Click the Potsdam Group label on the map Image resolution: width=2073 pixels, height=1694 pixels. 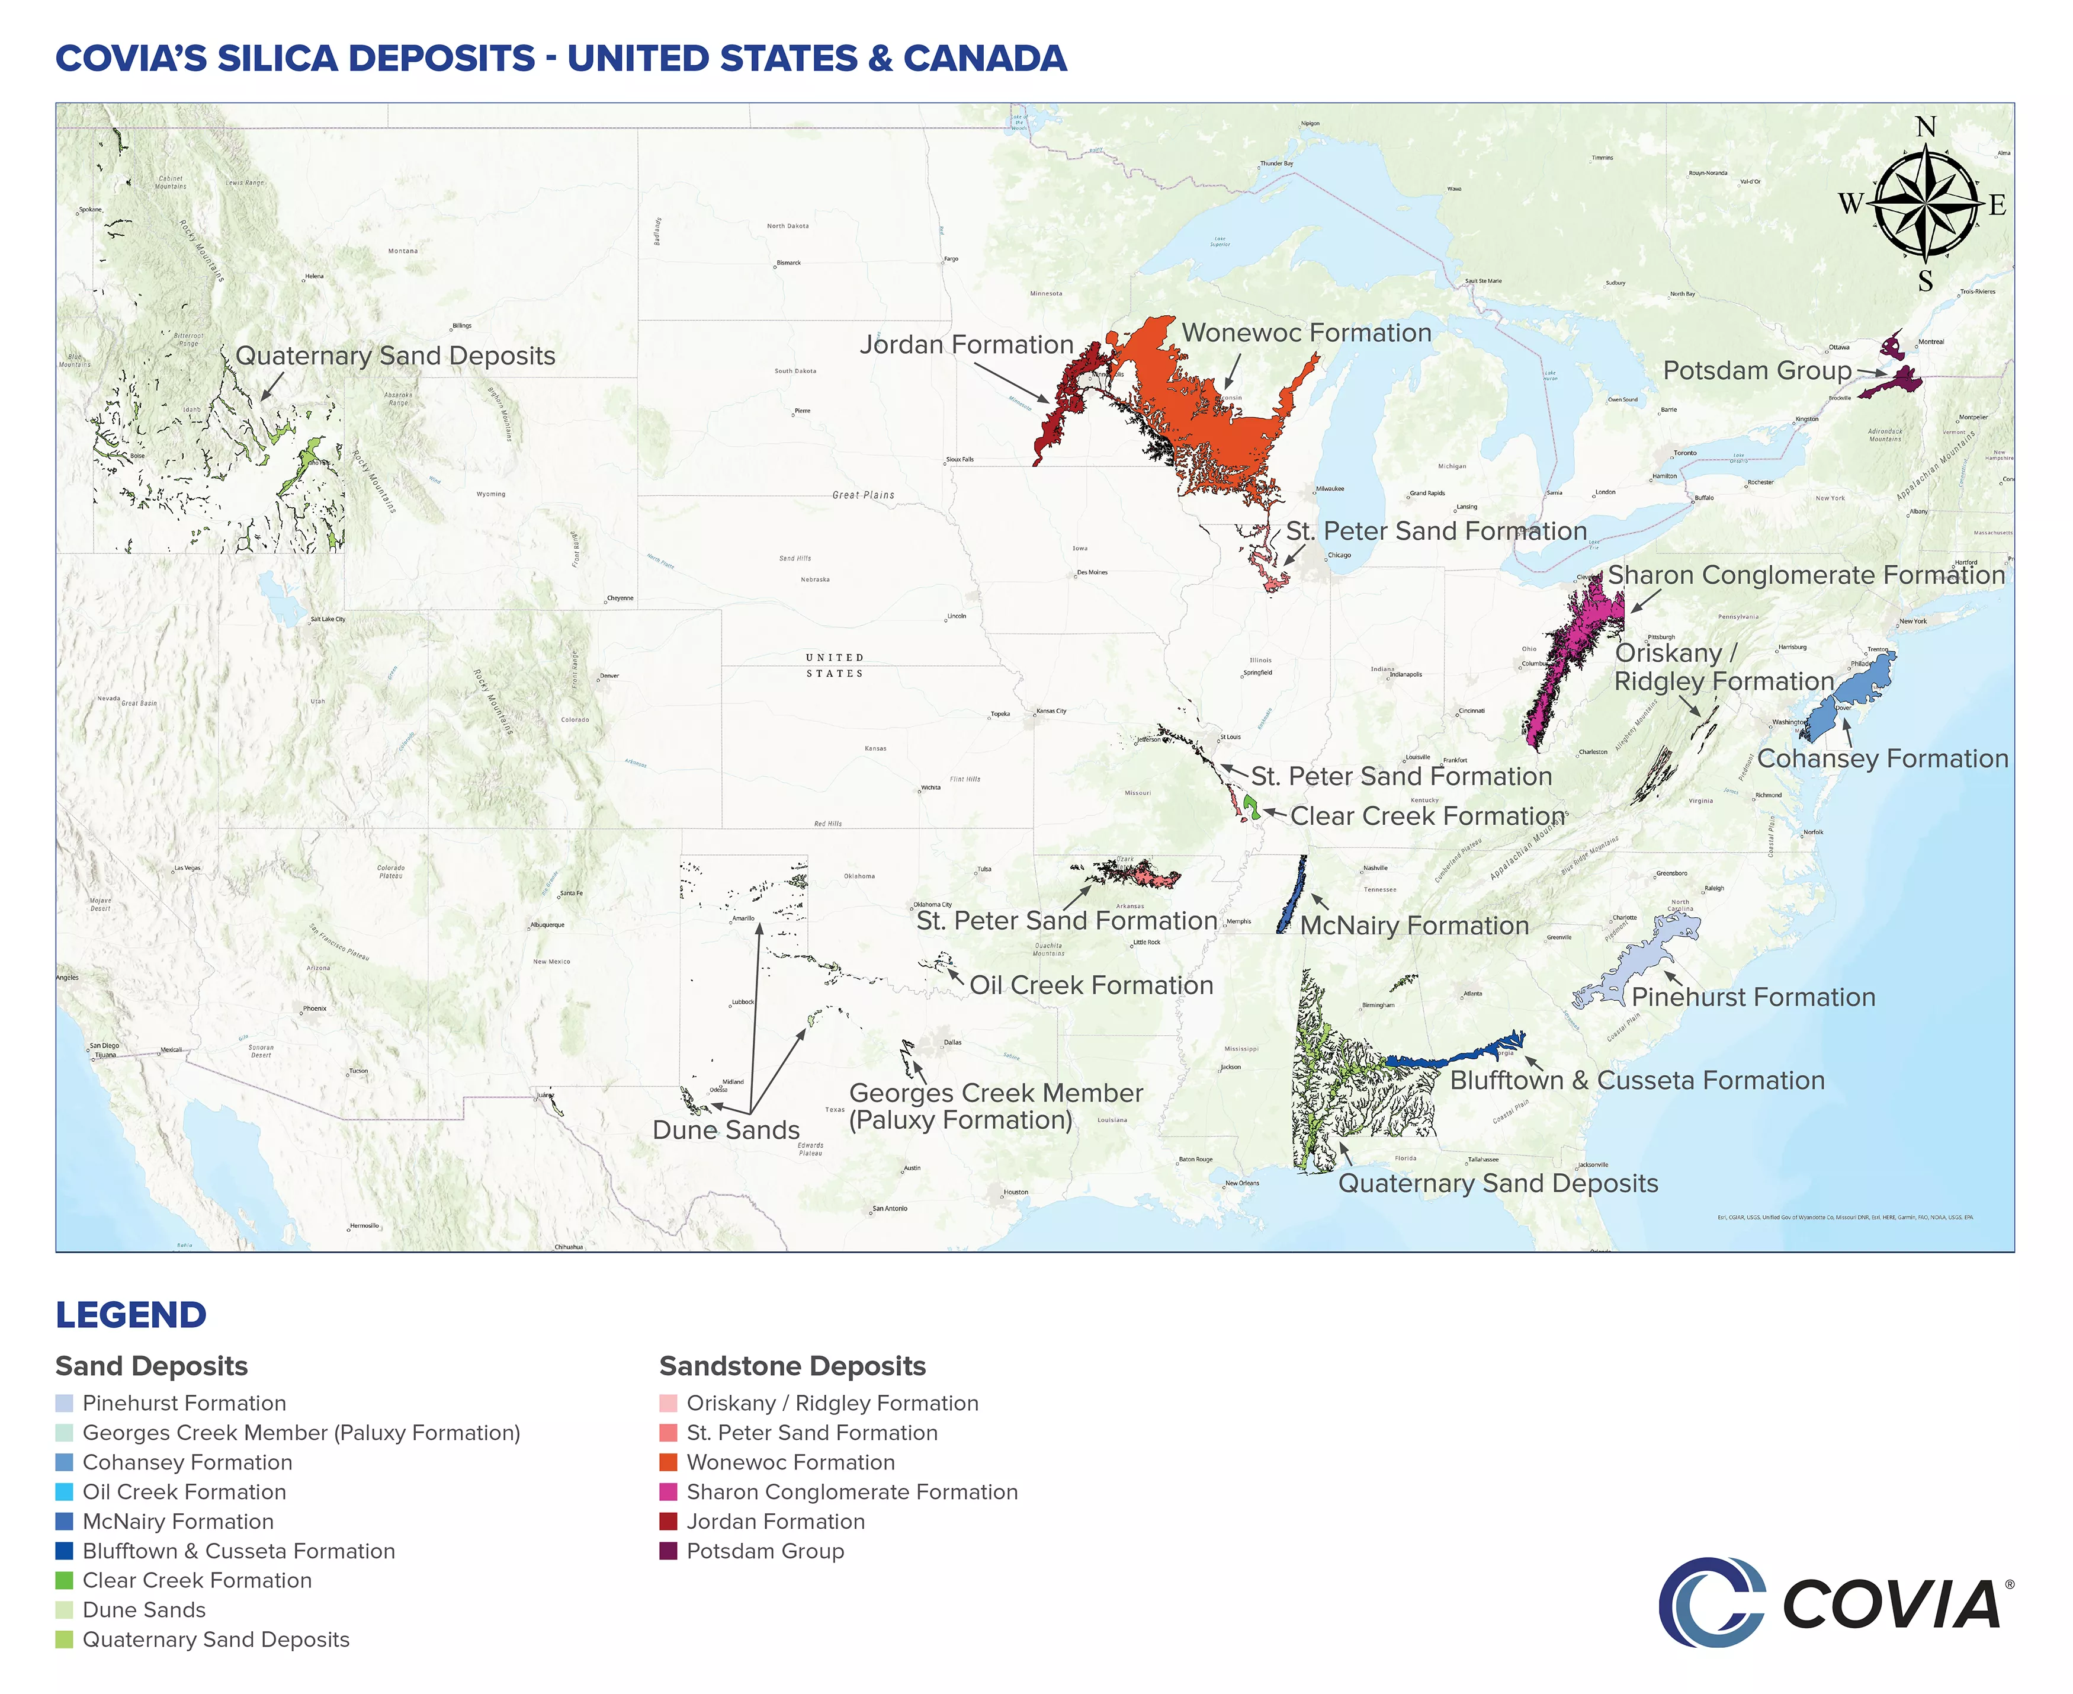1756,371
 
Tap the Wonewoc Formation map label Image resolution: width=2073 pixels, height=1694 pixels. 1306,333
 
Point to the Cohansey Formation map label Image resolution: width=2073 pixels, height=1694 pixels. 1883,758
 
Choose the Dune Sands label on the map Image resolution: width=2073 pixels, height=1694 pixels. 726,1130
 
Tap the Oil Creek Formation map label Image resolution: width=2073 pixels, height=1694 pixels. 1090,985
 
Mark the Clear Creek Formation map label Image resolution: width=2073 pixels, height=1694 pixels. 1427,816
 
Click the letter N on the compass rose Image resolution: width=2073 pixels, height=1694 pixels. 1926,127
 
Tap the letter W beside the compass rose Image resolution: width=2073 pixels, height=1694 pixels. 1850,204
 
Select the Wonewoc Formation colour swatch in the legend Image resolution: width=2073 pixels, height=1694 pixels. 668,1462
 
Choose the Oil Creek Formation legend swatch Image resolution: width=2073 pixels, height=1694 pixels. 65,1492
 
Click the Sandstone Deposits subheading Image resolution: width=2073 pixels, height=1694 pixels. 792,1366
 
